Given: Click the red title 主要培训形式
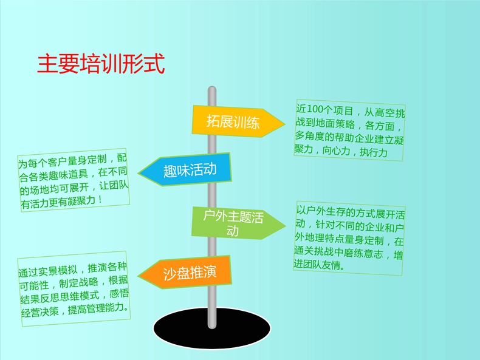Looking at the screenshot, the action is (101, 64).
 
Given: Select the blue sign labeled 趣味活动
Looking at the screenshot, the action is (185, 170).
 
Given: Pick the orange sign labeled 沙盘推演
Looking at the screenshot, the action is (185, 273).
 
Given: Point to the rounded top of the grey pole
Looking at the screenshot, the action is (212, 88).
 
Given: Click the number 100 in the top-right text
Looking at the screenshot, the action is (317, 109).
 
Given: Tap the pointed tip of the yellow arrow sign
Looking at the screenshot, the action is (285, 124).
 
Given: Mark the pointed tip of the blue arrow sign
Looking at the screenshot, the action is (139, 173).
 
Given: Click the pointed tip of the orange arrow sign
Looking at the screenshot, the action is (139, 276).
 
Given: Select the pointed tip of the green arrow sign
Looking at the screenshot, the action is (286, 226).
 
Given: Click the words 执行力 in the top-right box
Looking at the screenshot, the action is (374, 152).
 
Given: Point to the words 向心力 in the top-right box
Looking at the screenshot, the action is (336, 151).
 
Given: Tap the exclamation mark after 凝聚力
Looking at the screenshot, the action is (100, 200).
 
